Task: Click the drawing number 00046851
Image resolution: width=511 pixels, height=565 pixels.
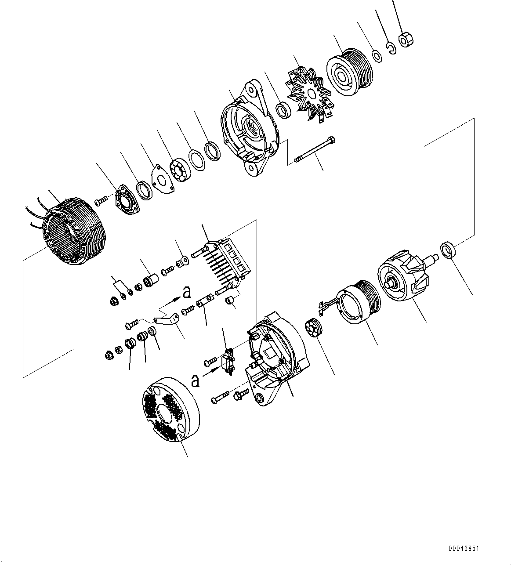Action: click(464, 549)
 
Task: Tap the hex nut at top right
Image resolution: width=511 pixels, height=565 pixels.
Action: click(405, 40)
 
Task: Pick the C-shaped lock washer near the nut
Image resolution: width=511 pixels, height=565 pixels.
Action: click(391, 47)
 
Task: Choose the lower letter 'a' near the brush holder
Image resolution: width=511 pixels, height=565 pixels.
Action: click(196, 381)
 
